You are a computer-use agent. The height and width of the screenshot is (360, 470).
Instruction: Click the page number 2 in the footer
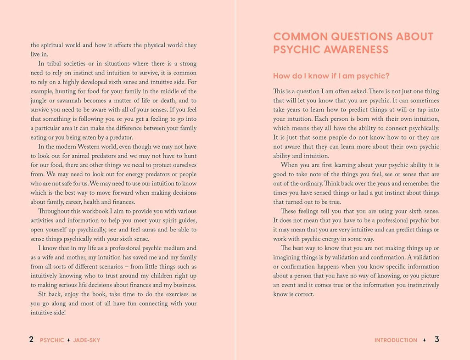coord(31,340)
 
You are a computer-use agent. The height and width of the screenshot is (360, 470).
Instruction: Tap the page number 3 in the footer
coord(437,340)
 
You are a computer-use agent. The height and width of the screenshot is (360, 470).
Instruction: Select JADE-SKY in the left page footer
coord(86,340)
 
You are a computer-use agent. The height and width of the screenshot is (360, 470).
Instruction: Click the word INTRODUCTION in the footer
coord(396,340)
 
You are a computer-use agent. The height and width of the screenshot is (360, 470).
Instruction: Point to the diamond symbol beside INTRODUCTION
coord(425,340)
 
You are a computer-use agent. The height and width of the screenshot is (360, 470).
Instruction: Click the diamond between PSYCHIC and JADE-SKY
coord(68,340)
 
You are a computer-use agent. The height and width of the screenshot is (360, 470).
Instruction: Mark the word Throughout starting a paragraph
coord(53,211)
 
